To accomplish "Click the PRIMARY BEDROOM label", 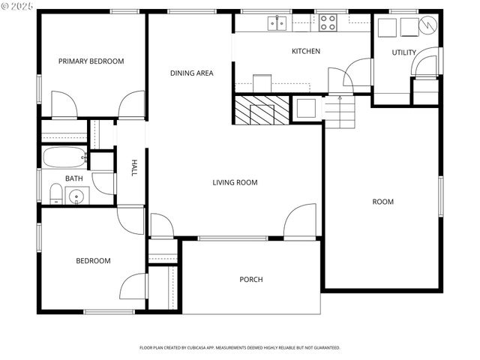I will pos(91,61).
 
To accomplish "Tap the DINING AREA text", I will pos(191,73).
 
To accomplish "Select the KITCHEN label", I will pos(306,51).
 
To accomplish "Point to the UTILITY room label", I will pos(404,52).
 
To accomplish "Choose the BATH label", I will pos(73,178).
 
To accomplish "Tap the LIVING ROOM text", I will pos(235,182).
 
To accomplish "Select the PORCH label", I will pos(250,280).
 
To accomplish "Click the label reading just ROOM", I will pos(382,202).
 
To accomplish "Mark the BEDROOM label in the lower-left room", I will pos(93,261).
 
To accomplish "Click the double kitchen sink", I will pos(277,24).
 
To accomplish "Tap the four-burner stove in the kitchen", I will pos(328,23).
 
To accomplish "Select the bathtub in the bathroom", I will pos(64,158).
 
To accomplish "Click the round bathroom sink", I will pos(76,197).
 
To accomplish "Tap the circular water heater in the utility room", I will pos(427,25).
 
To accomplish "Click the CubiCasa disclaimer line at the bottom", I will pos(240,348).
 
